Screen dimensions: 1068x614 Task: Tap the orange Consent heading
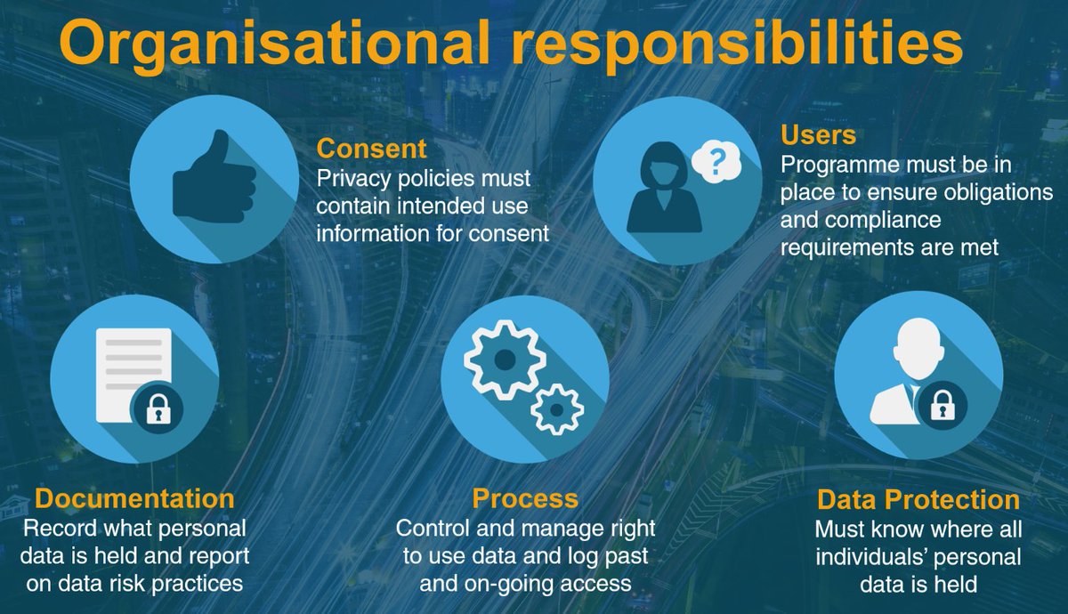pos(372,147)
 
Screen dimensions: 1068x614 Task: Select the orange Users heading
pos(818,135)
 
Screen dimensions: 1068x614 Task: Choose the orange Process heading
pos(525,498)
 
